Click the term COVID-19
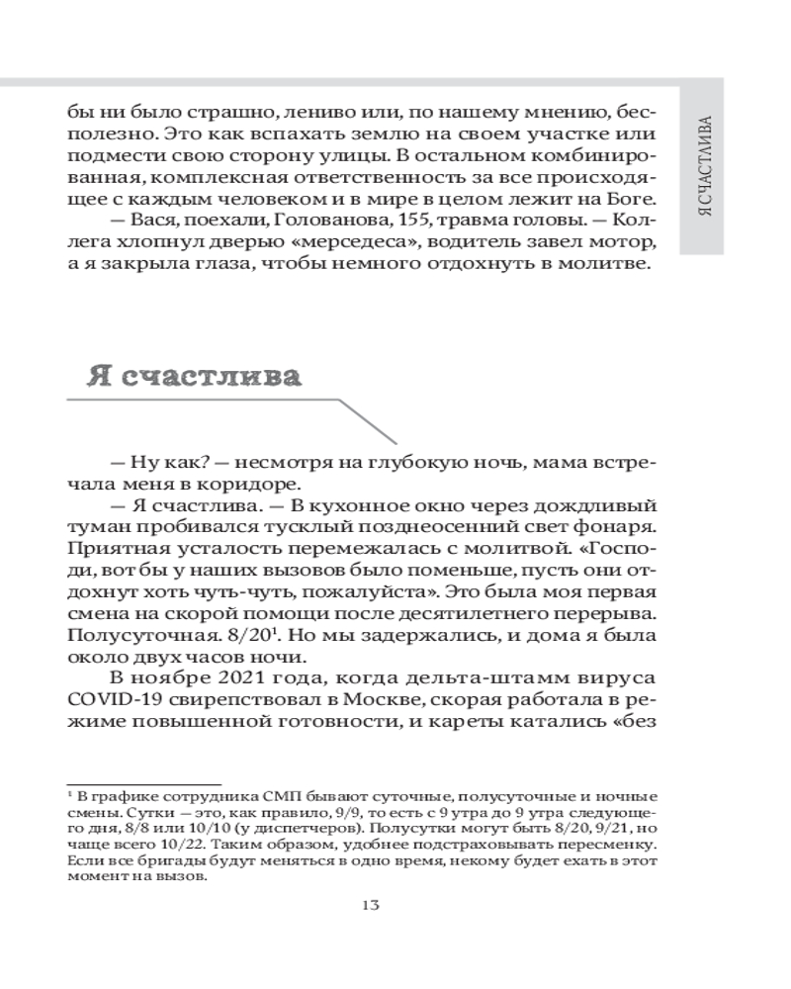pyautogui.click(x=108, y=702)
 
